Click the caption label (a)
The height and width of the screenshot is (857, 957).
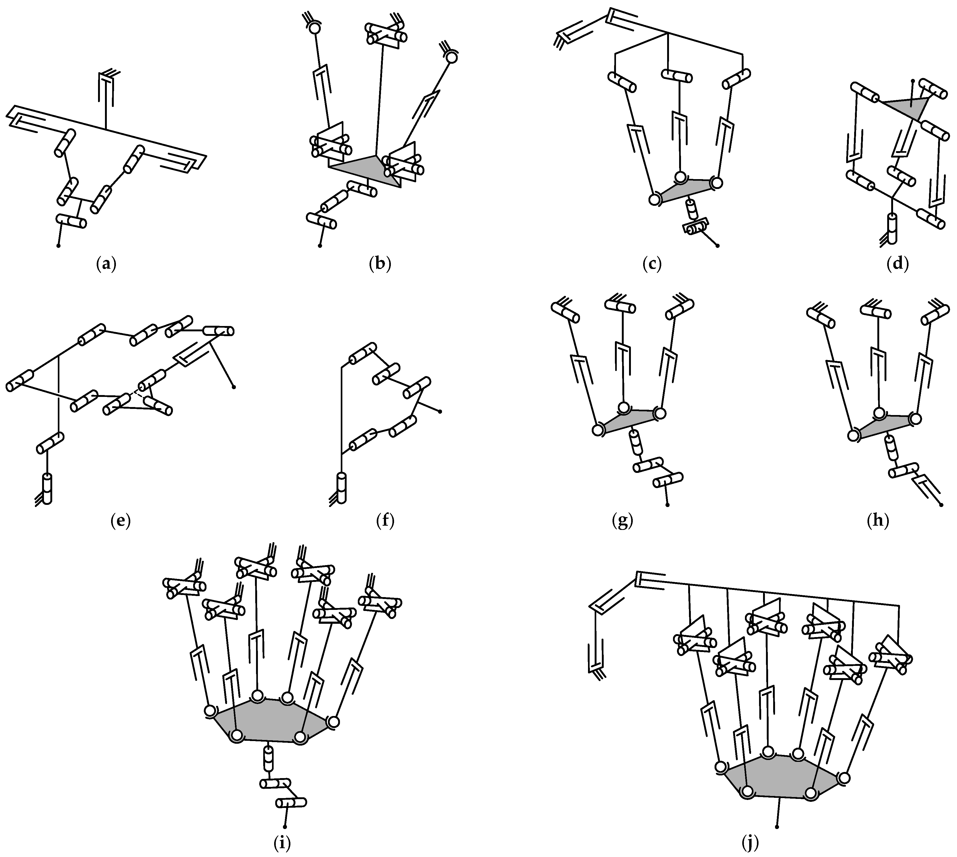click(106, 264)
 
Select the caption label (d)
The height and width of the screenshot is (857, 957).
click(897, 264)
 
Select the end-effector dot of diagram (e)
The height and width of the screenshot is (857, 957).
click(234, 387)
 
